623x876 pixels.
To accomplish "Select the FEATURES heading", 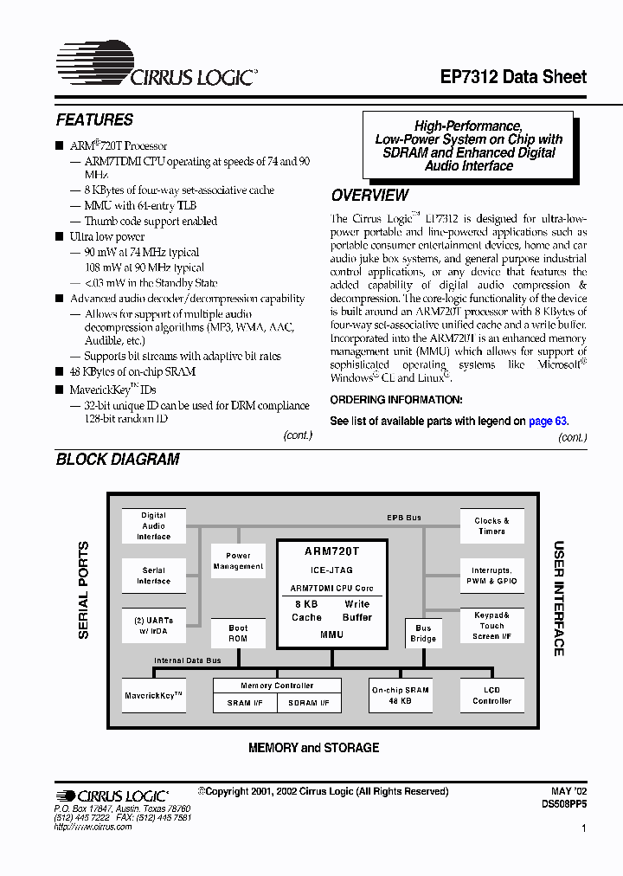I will pos(94,120).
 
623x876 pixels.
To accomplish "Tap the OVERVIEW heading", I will pos(369,196).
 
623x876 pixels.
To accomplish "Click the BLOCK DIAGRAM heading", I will pos(118,460).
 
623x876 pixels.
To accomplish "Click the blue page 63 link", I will pos(548,421).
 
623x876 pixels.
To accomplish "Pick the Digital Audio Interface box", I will pos(154,526).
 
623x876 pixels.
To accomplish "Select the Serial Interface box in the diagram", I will pos(154,576).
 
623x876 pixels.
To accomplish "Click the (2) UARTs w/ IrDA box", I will pos(154,625).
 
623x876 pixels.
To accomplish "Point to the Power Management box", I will pos(238,561).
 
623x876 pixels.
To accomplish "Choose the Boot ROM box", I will pos(238,633).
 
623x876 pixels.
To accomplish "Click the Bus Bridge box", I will pos(423,634).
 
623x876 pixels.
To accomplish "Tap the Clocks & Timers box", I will pos(491,526).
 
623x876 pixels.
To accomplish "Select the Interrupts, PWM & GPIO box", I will pos(491,576).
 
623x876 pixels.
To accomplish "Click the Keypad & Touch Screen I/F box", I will pos(491,625).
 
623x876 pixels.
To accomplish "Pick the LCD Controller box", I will pos(491,695).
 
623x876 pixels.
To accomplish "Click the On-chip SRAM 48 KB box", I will pos(400,695).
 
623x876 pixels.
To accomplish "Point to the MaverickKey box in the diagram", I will pos(154,695).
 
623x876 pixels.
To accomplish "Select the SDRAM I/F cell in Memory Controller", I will pos(309,703).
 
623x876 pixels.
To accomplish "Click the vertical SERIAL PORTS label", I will pos(84,590).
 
